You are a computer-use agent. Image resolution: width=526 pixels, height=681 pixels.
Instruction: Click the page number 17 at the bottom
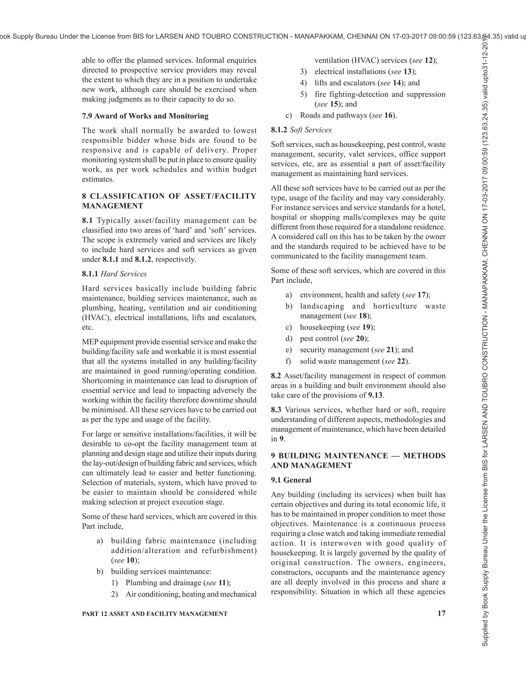point(441,613)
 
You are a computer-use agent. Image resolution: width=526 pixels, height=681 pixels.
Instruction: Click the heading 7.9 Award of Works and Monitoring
point(145,116)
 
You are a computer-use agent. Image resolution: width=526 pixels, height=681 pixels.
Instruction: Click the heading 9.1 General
point(291,480)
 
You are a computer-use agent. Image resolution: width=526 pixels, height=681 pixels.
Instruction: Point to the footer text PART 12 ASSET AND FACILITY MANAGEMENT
point(155,614)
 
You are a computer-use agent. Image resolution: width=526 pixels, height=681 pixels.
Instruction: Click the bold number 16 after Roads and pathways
point(388,115)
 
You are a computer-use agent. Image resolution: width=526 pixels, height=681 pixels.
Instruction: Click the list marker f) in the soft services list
point(288,361)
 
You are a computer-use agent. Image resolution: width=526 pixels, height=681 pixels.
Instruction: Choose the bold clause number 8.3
point(276,410)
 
